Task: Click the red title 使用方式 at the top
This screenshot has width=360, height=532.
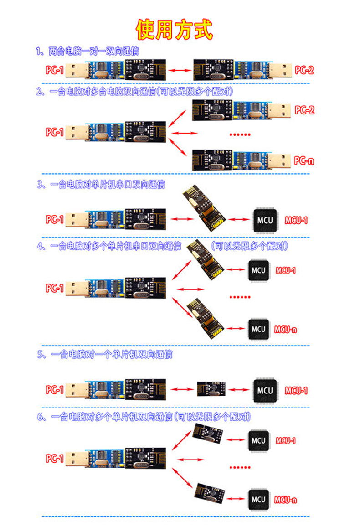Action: [175, 30]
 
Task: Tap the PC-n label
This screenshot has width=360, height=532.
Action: [304, 160]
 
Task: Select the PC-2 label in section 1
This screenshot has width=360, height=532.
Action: [304, 70]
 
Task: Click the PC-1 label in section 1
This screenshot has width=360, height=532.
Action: [54, 70]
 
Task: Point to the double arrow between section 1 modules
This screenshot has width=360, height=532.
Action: [180, 70]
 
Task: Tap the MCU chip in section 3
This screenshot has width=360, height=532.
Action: [265, 220]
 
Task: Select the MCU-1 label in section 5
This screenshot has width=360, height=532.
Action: [296, 390]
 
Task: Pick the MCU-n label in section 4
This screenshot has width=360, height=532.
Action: [286, 329]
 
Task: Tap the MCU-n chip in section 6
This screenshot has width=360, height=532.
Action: [258, 499]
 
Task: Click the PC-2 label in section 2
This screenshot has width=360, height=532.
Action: [304, 110]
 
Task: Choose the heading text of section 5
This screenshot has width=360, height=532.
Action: [112, 354]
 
